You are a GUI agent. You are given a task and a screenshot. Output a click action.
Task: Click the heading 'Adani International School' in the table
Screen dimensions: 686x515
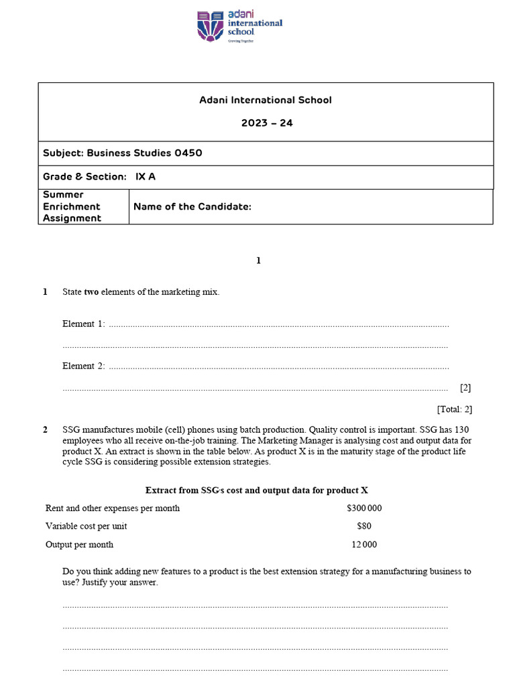[x=266, y=100]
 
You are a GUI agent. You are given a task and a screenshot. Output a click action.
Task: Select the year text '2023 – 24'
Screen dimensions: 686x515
[x=266, y=123]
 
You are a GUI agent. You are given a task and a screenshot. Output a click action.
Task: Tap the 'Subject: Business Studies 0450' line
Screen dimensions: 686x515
[x=123, y=153]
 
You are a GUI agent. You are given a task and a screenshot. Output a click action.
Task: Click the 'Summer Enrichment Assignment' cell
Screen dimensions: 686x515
[x=72, y=206]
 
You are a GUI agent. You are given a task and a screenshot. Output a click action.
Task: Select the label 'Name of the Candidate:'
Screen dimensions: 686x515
[x=192, y=206]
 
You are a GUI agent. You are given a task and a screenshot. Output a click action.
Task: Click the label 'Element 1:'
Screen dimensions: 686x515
[x=84, y=324]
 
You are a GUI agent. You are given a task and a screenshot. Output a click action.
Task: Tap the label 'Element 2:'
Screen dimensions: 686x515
[x=84, y=366]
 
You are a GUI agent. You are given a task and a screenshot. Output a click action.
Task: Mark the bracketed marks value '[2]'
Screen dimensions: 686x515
[x=465, y=388]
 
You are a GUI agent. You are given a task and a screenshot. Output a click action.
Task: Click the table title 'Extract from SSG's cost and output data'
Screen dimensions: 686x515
[x=257, y=490]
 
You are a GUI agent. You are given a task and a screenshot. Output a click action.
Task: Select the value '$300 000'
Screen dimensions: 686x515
[x=364, y=508]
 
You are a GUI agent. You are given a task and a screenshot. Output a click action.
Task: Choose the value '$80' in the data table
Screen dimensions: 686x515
[x=364, y=527]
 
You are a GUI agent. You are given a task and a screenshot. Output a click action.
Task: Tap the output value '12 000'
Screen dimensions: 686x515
[x=364, y=545]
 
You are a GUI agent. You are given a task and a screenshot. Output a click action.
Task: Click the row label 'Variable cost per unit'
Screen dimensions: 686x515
[x=86, y=527]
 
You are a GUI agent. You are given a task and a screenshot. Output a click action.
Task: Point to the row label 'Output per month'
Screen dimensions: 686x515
[x=79, y=545]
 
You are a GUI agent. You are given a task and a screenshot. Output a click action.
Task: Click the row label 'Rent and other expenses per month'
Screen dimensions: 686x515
[x=113, y=508]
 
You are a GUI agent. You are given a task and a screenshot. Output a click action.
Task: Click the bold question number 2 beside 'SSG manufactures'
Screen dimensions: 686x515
[x=45, y=430]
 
